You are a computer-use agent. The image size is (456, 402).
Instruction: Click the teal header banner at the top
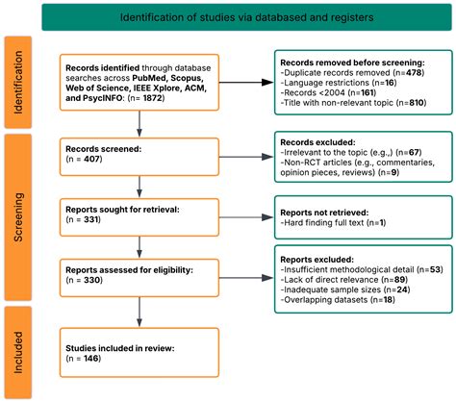[x=242, y=18]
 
